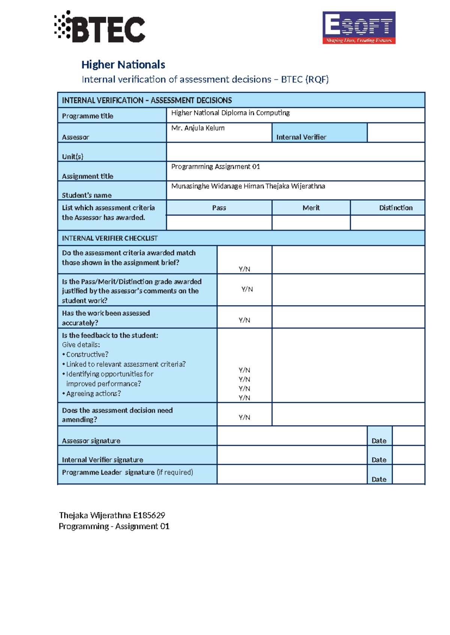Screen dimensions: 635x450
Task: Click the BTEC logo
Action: (x=100, y=27)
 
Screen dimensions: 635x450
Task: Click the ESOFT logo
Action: (x=359, y=27)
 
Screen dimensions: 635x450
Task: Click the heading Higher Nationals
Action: (x=123, y=65)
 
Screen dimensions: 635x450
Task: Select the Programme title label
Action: (x=87, y=116)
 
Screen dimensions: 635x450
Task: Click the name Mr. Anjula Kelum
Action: (x=198, y=128)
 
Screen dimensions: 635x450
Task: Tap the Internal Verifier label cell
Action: (x=301, y=137)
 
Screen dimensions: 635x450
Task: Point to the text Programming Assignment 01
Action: (x=215, y=167)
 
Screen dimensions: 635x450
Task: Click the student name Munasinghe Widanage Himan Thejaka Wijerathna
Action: (x=248, y=186)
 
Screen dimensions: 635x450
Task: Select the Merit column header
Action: (x=311, y=208)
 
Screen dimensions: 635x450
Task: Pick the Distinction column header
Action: (x=396, y=208)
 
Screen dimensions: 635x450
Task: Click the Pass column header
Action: (x=219, y=208)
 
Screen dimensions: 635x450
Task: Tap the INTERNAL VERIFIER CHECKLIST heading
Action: (x=109, y=238)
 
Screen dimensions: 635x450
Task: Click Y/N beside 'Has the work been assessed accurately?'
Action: (x=244, y=320)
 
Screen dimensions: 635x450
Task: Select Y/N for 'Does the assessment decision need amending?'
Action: (x=244, y=417)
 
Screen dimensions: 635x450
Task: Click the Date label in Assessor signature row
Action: (x=379, y=441)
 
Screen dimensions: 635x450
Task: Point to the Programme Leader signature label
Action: (x=127, y=473)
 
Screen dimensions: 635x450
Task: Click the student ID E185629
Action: (x=149, y=515)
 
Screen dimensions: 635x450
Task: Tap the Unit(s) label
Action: (x=72, y=157)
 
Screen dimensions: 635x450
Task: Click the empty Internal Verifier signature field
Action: (x=292, y=455)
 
